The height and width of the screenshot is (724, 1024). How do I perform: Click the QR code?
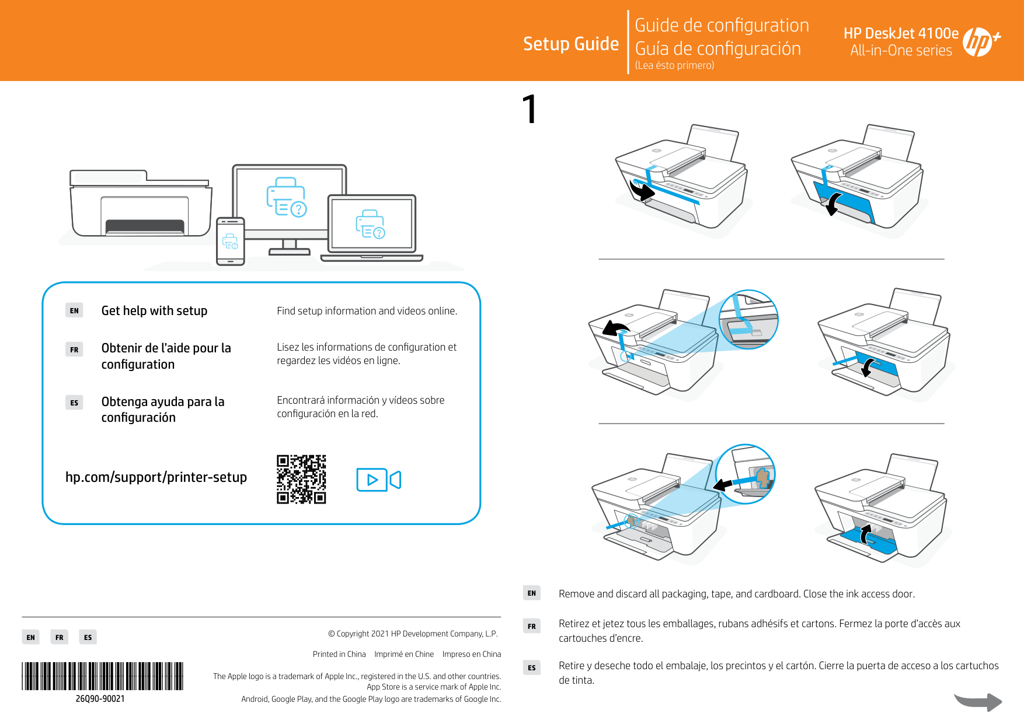[301, 479]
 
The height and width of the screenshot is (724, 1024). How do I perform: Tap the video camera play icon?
[378, 480]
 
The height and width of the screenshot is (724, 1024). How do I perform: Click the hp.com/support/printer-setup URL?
[156, 477]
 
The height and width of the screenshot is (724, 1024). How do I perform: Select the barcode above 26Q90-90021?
[103, 676]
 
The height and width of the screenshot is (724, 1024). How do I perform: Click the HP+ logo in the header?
[980, 42]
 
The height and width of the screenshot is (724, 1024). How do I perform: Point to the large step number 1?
[529, 109]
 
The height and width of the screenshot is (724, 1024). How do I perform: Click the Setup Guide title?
[570, 44]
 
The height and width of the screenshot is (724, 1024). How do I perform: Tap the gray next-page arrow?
[978, 701]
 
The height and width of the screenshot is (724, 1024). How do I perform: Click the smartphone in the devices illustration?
[230, 241]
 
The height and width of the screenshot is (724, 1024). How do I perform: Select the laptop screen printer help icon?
[371, 225]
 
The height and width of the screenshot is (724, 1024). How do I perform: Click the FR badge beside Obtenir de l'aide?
[74, 349]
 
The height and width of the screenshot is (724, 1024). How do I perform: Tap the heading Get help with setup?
[154, 311]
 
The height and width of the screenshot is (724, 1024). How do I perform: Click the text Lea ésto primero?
[674, 65]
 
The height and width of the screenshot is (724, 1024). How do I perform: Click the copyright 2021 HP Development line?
[413, 634]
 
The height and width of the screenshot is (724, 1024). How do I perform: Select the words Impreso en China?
[471, 654]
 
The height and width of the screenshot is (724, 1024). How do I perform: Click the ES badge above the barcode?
[88, 637]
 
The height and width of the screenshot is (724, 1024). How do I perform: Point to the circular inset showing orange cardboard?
[746, 474]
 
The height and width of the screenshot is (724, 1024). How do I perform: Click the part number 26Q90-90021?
[100, 699]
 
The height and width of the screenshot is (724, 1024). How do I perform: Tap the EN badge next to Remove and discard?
[531, 593]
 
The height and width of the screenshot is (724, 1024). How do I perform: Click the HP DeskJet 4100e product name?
[900, 33]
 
